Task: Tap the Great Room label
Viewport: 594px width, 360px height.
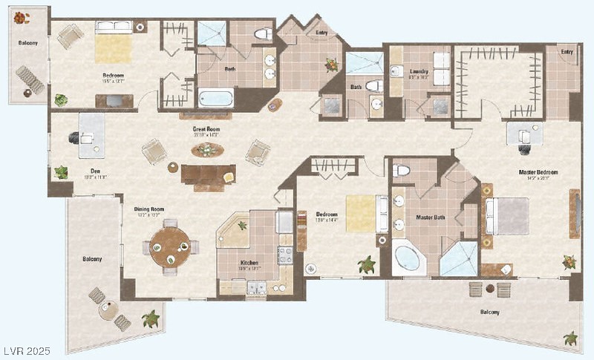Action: click(x=206, y=131)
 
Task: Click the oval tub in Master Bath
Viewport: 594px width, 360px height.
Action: click(x=408, y=258)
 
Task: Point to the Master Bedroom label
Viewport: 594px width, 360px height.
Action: click(x=538, y=173)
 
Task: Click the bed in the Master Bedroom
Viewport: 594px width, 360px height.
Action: click(x=509, y=216)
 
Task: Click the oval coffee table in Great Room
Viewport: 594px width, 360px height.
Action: click(x=207, y=151)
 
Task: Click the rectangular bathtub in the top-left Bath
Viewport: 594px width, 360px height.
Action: click(x=216, y=98)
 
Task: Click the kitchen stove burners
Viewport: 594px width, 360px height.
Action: click(x=284, y=255)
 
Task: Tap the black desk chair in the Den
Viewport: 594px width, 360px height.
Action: click(x=74, y=137)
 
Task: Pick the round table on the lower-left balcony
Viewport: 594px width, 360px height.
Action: click(x=108, y=310)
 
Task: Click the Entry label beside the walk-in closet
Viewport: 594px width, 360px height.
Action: click(x=567, y=52)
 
